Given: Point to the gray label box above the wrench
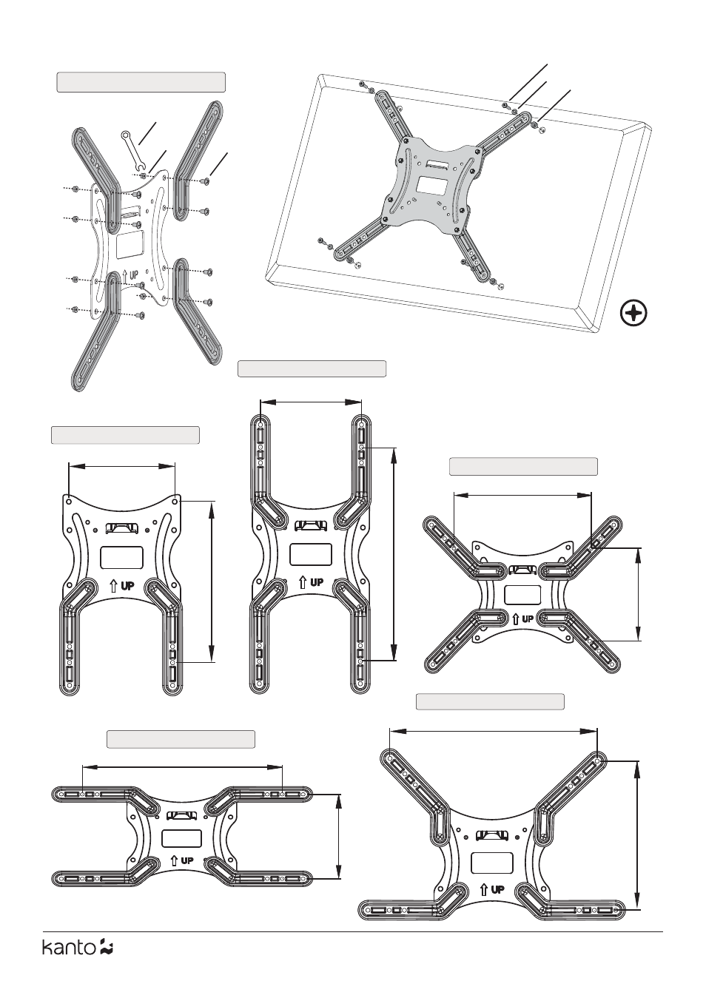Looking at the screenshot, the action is click(x=141, y=82).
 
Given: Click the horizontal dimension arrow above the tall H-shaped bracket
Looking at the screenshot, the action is click(x=311, y=402).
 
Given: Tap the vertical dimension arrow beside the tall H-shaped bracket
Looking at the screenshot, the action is click(x=394, y=554).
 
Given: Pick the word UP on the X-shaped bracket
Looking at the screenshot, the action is click(x=527, y=619).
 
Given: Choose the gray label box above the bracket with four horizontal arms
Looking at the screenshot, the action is click(x=181, y=739).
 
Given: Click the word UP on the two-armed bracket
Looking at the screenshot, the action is click(x=127, y=585).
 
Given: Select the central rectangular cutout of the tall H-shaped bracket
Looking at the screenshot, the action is click(x=310, y=554).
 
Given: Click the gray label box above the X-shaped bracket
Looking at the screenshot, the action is click(x=523, y=466).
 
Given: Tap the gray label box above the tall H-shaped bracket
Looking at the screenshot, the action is click(x=312, y=369).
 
